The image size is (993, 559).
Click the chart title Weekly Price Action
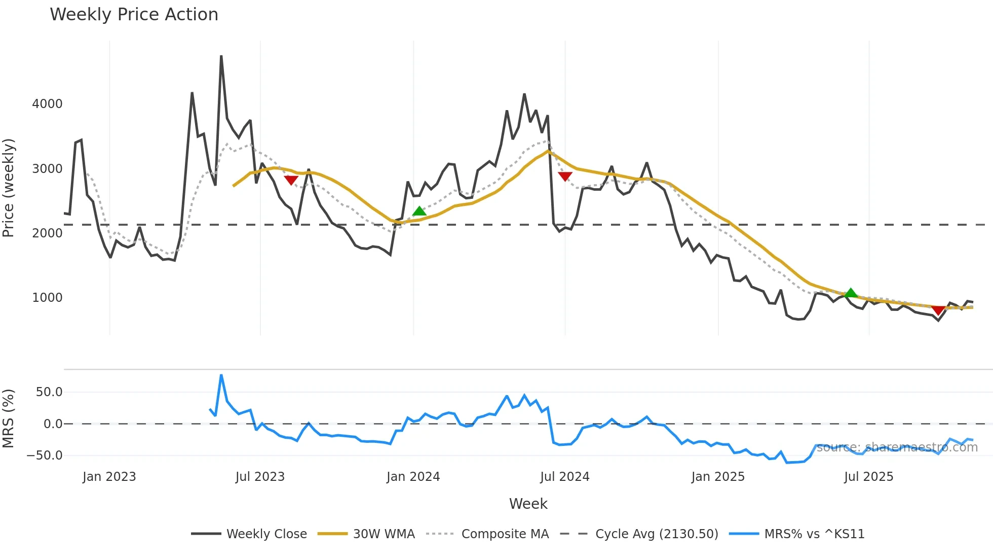pyautogui.click(x=134, y=15)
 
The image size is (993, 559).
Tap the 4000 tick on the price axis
pyautogui.click(x=47, y=104)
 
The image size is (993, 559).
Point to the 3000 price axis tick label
pyautogui.click(x=47, y=168)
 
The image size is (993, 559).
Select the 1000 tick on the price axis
pyautogui.click(x=47, y=298)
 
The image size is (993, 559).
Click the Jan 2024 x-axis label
pyautogui.click(x=413, y=477)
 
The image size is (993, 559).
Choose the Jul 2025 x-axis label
pyautogui.click(x=868, y=477)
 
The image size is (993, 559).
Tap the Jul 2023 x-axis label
pyautogui.click(x=260, y=477)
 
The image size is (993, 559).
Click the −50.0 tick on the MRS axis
pyautogui.click(x=45, y=455)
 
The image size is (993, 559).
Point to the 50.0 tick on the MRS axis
pyautogui.click(x=49, y=392)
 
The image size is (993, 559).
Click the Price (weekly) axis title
pyautogui.click(x=9, y=188)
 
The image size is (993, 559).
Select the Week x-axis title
pyautogui.click(x=528, y=504)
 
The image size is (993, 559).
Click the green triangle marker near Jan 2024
pyautogui.click(x=419, y=211)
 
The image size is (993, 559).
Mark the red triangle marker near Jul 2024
pyautogui.click(x=565, y=176)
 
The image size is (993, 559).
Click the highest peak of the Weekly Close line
pyautogui.click(x=221, y=56)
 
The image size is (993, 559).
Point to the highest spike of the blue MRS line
pyautogui.click(x=221, y=375)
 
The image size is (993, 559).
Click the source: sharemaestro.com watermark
pyautogui.click(x=897, y=447)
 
